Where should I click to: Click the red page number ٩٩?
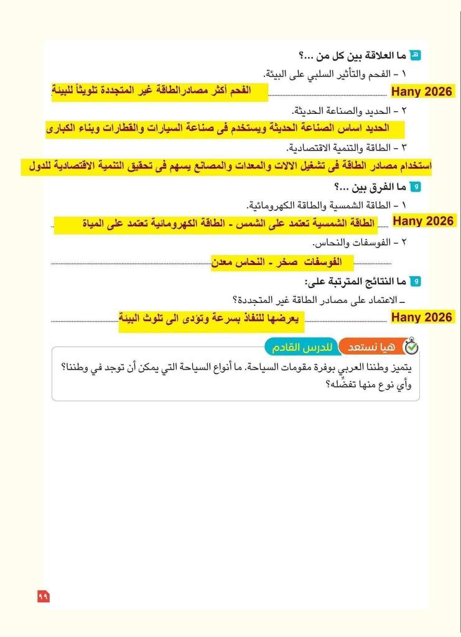pyautogui.click(x=44, y=597)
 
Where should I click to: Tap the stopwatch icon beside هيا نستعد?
pyautogui.click(x=411, y=346)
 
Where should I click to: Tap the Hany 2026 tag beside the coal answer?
pyautogui.click(x=422, y=92)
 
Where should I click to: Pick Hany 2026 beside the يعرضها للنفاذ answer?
pyautogui.click(x=422, y=317)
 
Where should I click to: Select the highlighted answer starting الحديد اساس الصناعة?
pyautogui.click(x=225, y=129)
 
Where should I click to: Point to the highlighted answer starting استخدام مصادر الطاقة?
pyautogui.click(x=226, y=167)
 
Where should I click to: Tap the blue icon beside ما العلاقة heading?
pyautogui.click(x=417, y=55)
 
